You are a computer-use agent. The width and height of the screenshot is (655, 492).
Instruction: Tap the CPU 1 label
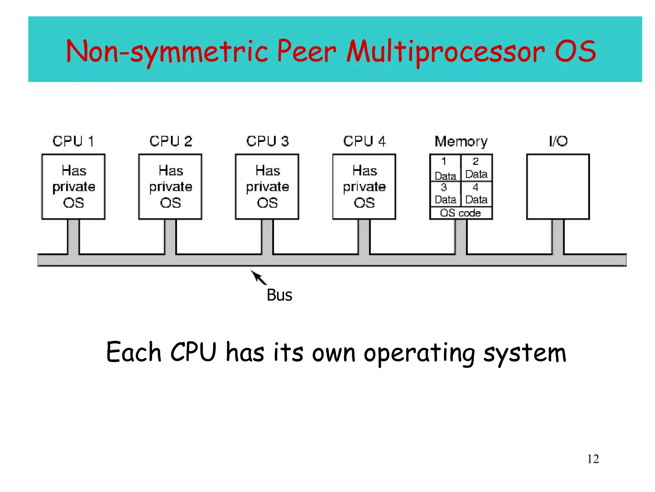(73, 141)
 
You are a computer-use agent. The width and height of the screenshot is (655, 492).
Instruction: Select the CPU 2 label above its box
(170, 141)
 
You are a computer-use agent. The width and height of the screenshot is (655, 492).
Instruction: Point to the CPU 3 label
(267, 141)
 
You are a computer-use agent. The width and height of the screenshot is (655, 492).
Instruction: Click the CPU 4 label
(364, 141)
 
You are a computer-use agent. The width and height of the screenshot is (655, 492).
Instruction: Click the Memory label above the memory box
(461, 141)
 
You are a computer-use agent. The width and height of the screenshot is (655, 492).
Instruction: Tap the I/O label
(558, 141)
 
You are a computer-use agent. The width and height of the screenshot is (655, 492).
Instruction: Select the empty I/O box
(558, 186)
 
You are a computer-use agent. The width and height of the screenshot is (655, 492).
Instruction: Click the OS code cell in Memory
(461, 213)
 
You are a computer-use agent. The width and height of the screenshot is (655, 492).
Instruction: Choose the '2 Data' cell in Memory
(476, 168)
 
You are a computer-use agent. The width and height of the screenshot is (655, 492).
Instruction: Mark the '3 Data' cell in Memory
(445, 194)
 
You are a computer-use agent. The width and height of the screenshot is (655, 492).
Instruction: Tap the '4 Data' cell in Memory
(476, 194)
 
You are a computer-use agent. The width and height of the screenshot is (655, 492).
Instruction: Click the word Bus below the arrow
(279, 295)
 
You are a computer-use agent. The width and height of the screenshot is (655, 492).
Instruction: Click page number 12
(593, 459)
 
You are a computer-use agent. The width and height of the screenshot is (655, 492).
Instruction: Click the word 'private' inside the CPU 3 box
(267, 187)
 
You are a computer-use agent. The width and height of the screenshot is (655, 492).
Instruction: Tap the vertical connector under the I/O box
(558, 237)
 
